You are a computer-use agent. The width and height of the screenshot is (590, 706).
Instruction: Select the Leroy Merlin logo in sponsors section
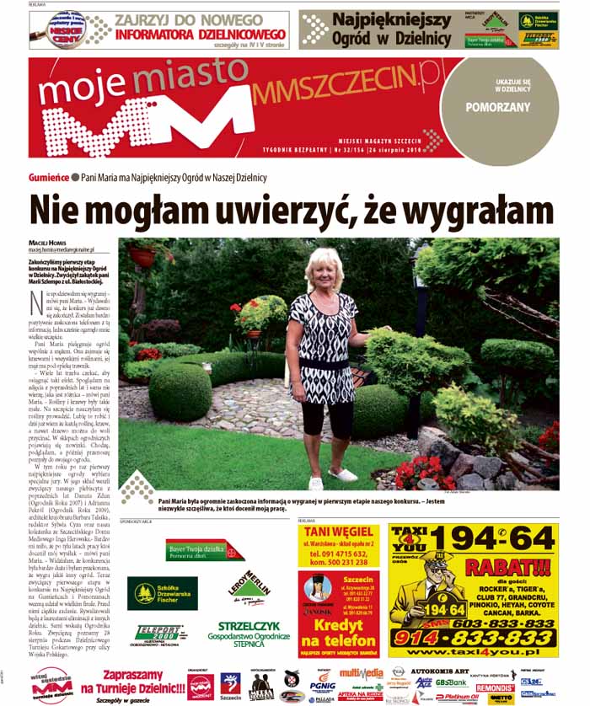(x=250, y=580)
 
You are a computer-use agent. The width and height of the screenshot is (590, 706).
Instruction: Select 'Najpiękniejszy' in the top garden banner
(x=391, y=19)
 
